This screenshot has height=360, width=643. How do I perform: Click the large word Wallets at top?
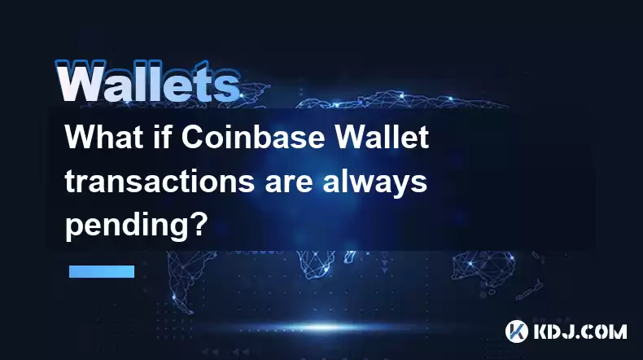[x=147, y=82]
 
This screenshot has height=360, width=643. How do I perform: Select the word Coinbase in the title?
[x=253, y=137]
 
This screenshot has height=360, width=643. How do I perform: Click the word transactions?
[x=160, y=181]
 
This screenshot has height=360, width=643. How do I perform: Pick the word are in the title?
[x=288, y=184]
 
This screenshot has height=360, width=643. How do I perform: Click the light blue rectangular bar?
[x=102, y=271]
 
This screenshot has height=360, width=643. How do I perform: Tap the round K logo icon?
[x=516, y=331]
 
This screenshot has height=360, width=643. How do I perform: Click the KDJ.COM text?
[x=580, y=331]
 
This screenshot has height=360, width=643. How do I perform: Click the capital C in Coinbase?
[x=192, y=137]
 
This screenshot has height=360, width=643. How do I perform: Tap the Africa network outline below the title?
[x=316, y=264]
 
